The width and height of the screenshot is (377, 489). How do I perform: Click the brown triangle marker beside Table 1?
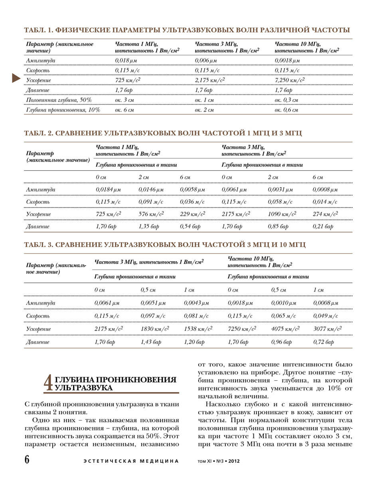coord(16,78)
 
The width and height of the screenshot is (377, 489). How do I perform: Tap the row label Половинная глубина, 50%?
coord(59,100)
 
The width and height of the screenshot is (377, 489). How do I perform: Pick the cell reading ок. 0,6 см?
coord(286,110)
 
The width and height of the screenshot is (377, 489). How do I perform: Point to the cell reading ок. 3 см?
coord(124,100)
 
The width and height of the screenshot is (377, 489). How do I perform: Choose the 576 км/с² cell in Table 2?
coord(151,214)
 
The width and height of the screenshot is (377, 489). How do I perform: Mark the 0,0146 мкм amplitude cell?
coord(151,190)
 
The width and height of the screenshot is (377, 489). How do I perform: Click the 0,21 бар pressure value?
coord(323,227)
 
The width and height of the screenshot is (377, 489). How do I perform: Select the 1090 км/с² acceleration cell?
coord(282,214)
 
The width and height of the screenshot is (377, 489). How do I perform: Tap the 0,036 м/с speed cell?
coord(192,202)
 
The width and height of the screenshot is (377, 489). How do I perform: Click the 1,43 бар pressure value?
coord(151,342)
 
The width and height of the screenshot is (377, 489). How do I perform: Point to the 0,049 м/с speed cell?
coord(325,316)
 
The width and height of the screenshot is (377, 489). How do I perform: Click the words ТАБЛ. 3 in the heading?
coord(38,244)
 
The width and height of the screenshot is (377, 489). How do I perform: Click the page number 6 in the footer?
coord(27,460)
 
